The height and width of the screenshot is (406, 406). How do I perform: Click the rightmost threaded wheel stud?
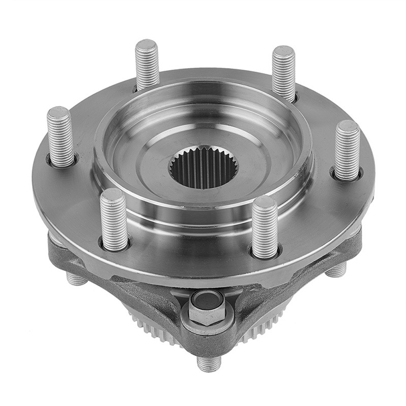(348, 150)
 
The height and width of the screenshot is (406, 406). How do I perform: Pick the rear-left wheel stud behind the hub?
(147, 65)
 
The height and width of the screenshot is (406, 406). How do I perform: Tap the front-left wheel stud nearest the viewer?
(114, 219)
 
